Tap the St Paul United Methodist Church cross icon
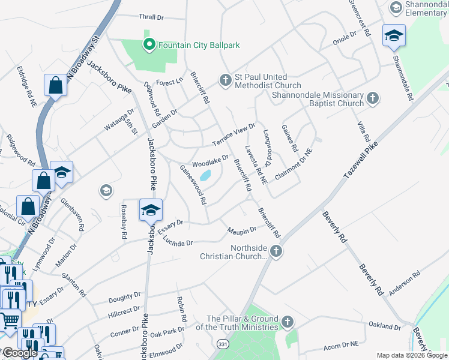pos(225,80)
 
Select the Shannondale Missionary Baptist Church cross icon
pos(373,98)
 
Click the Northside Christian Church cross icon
pos(276,251)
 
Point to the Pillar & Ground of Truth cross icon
pos(288,322)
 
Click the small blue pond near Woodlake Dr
pos(205,176)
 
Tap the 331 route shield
pos(223,344)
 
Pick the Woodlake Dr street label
pos(210,161)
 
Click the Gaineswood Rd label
pos(194,184)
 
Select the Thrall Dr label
pos(151,18)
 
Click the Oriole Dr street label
pos(345,42)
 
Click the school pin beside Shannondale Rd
pos(394,36)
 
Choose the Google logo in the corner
pos(20,352)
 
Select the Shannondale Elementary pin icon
pos(396,8)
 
